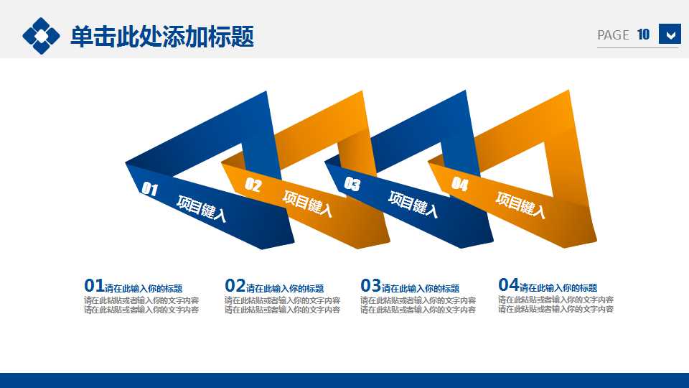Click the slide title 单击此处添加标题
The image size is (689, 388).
tap(162, 36)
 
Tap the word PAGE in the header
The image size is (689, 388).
tap(613, 35)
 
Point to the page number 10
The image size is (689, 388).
tap(643, 34)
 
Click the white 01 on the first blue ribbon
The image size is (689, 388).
tap(149, 190)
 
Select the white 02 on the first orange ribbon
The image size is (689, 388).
tap(253, 185)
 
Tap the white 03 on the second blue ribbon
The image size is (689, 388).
tap(352, 184)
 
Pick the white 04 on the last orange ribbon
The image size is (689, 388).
tap(460, 185)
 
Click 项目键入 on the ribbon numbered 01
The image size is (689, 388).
tap(202, 209)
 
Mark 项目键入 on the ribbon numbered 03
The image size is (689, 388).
tap(413, 203)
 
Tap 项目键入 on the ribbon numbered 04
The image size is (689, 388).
tap(520, 205)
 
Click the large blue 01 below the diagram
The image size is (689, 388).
tap(94, 286)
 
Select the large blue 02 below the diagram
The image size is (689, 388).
tap(235, 286)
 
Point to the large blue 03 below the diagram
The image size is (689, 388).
tap(370, 286)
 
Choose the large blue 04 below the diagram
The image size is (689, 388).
tap(508, 285)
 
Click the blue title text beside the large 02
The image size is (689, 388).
tap(285, 289)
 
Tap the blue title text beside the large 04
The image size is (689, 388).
tap(558, 288)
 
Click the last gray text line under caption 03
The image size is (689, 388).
tap(418, 310)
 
